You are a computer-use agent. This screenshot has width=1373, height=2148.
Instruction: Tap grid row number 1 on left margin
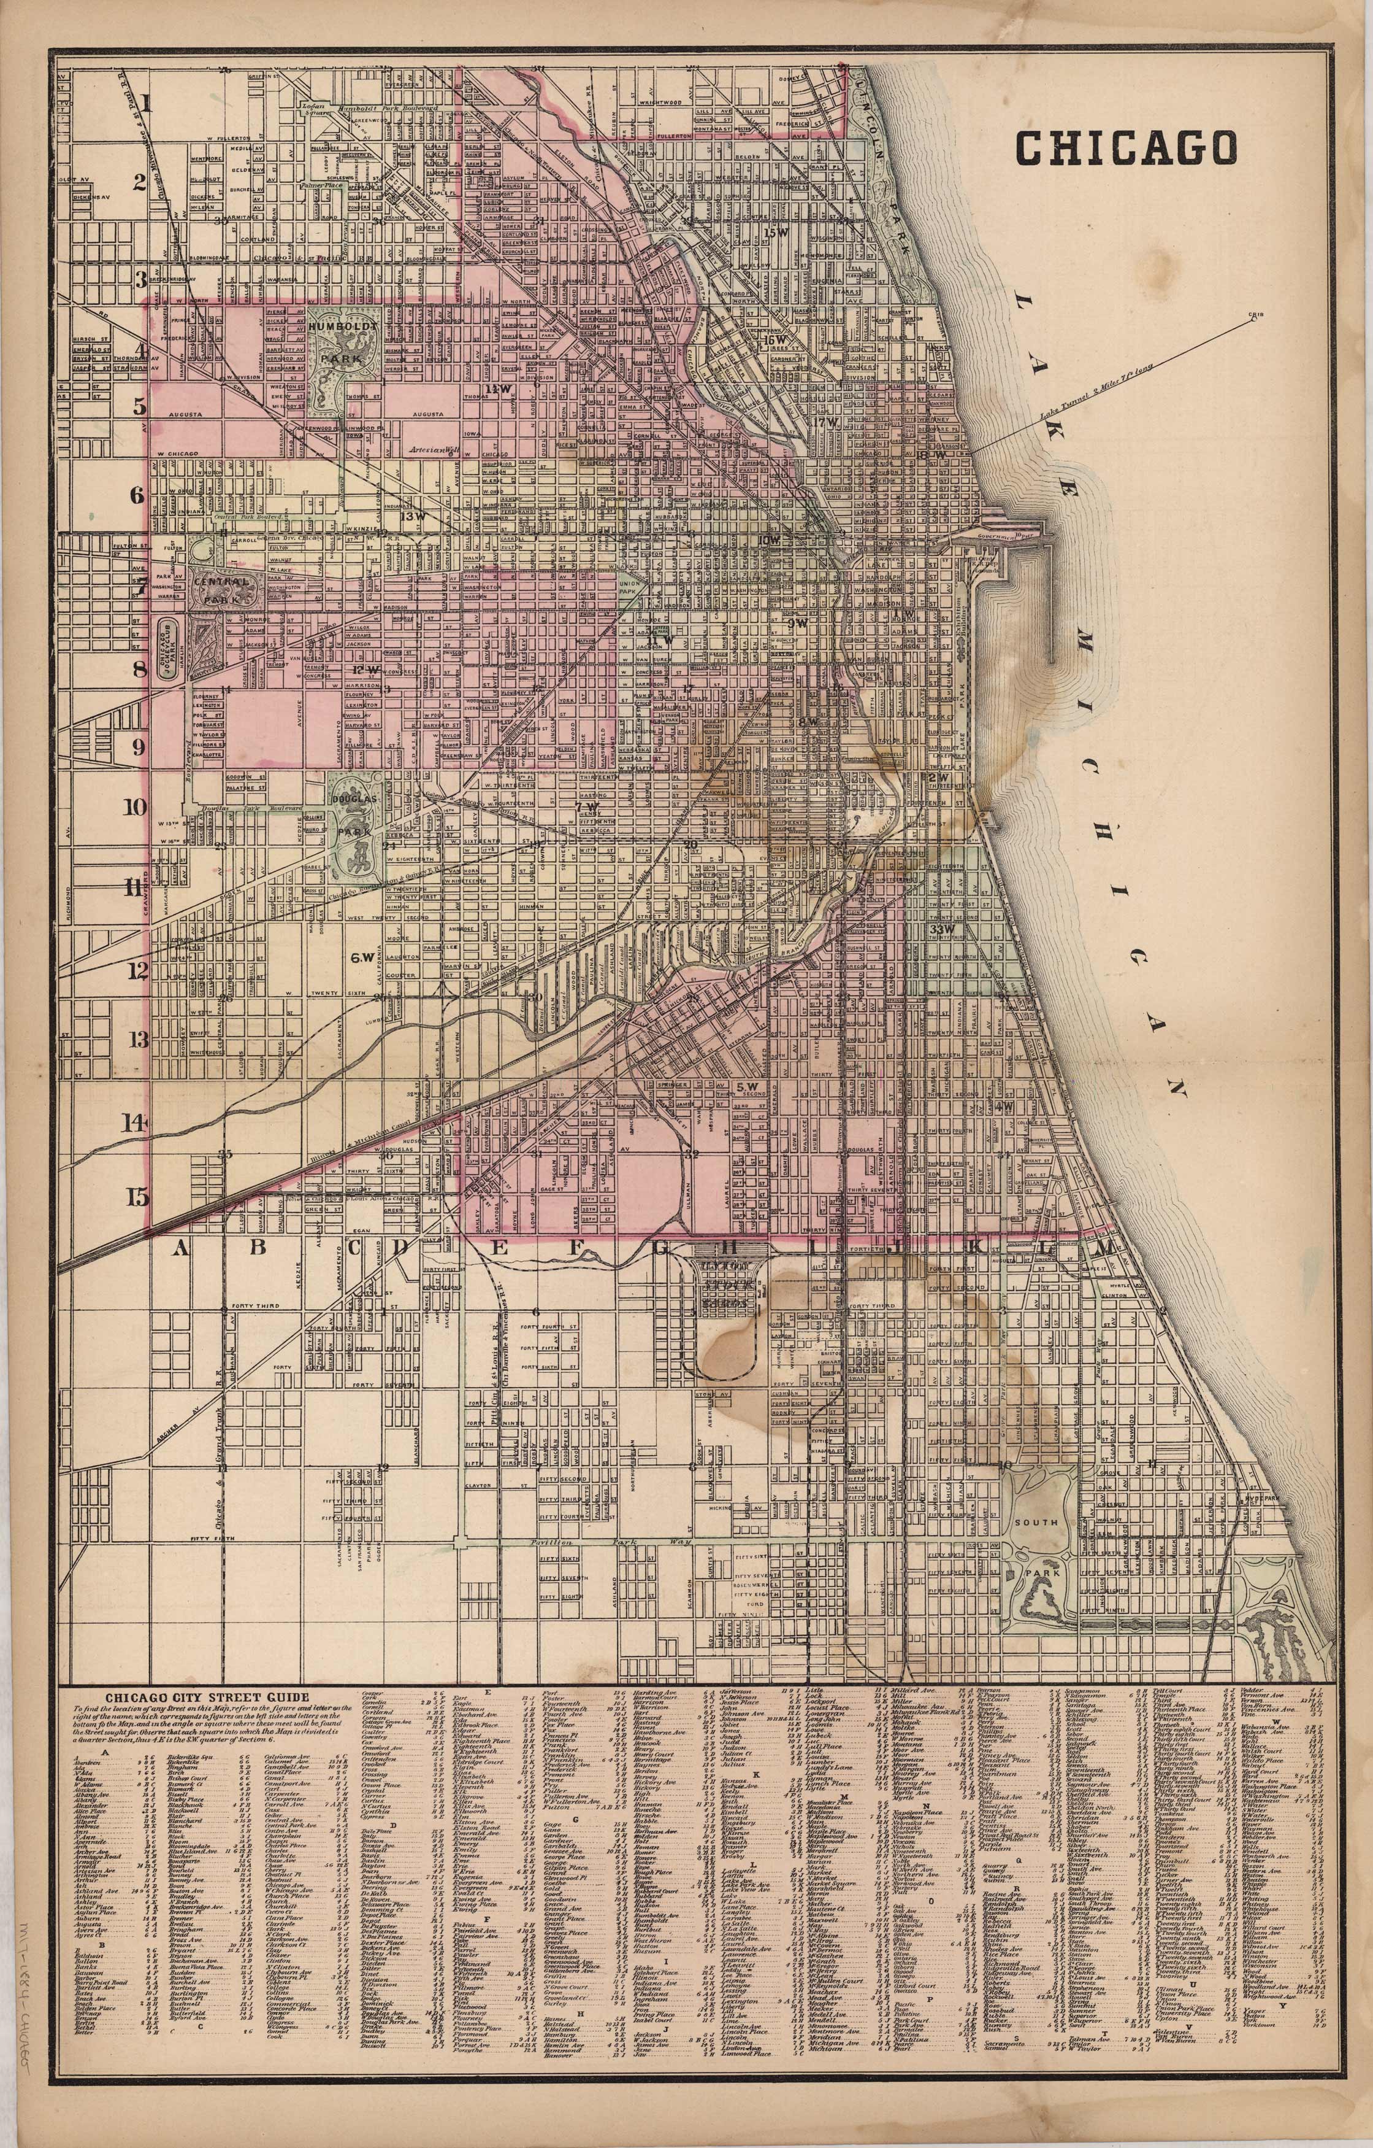[145, 102]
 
